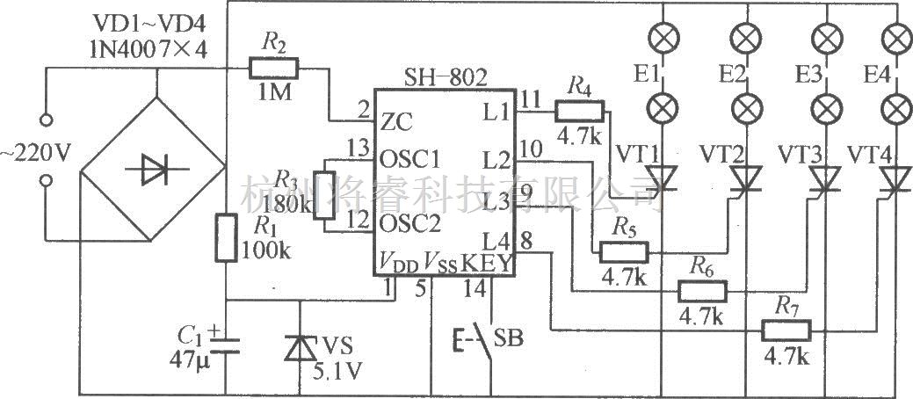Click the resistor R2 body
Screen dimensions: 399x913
274,67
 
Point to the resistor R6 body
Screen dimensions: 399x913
702,291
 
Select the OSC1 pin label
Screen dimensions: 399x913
409,159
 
